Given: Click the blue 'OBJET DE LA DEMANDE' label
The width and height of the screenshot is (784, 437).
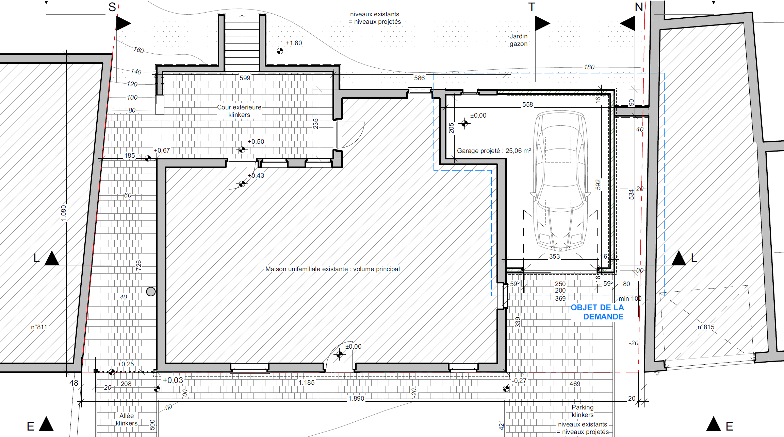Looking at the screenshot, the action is [597, 312].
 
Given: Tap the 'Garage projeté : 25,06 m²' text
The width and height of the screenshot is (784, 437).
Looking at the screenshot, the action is [494, 151].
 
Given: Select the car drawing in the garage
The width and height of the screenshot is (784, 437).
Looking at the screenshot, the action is [560, 181].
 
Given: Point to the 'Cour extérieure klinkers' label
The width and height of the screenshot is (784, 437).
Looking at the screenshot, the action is [239, 111].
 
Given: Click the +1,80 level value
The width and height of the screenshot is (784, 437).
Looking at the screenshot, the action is [294, 43].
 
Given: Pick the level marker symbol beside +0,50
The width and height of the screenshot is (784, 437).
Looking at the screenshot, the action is [242, 149].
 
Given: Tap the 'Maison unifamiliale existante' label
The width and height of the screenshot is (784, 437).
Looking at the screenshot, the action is [332, 269].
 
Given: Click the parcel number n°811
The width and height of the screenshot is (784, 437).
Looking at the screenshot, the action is [39, 327].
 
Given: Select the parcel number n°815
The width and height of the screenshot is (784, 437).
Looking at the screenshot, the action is [706, 327].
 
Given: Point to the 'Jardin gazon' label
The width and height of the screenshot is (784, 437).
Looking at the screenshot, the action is [519, 40].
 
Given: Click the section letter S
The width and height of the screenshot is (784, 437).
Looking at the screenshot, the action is [112, 7].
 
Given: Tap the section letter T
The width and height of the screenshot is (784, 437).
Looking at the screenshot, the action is [532, 7].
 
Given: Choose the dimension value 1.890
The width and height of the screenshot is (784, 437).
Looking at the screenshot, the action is [356, 398].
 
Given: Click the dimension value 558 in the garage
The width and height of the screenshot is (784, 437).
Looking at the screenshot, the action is [527, 104].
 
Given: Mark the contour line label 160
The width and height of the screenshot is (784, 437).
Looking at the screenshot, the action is [139, 50].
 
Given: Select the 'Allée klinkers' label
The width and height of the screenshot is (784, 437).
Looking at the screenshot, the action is [127, 419].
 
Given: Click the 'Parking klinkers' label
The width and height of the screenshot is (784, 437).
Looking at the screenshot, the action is [583, 411].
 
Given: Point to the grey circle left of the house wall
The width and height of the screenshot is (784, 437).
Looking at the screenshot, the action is [151, 291].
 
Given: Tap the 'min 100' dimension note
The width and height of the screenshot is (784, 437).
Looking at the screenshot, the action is [630, 298].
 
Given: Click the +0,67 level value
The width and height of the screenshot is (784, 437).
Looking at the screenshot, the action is [162, 150].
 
